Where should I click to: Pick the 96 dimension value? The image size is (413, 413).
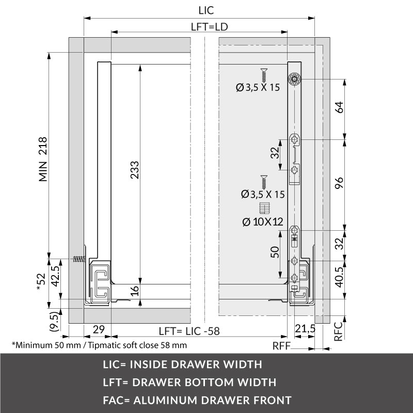(339, 184)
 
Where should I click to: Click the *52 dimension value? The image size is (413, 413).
(42, 282)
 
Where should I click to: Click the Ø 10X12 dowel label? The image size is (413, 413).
(262, 222)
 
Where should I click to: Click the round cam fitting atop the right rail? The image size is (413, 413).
(295, 78)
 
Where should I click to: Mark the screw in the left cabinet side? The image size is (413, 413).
(78, 260)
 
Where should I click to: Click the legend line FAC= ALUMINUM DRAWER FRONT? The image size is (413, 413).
(197, 400)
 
